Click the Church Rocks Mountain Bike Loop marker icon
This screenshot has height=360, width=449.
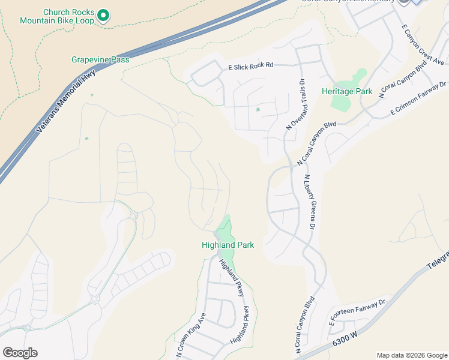pyautogui.click(x=103, y=16)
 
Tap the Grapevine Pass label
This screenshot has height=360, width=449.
pyautogui.click(x=100, y=59)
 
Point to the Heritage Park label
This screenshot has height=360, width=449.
pyautogui.click(x=346, y=92)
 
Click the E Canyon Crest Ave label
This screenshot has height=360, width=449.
pyautogui.click(x=423, y=45)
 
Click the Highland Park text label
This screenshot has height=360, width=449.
pyautogui.click(x=228, y=245)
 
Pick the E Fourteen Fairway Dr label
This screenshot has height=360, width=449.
pyautogui.click(x=357, y=313)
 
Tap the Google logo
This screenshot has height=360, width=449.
pyautogui.click(x=20, y=353)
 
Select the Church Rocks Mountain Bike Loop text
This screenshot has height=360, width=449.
pyautogui.click(x=57, y=16)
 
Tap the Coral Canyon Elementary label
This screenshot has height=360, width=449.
pyautogui.click(x=348, y=2)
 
